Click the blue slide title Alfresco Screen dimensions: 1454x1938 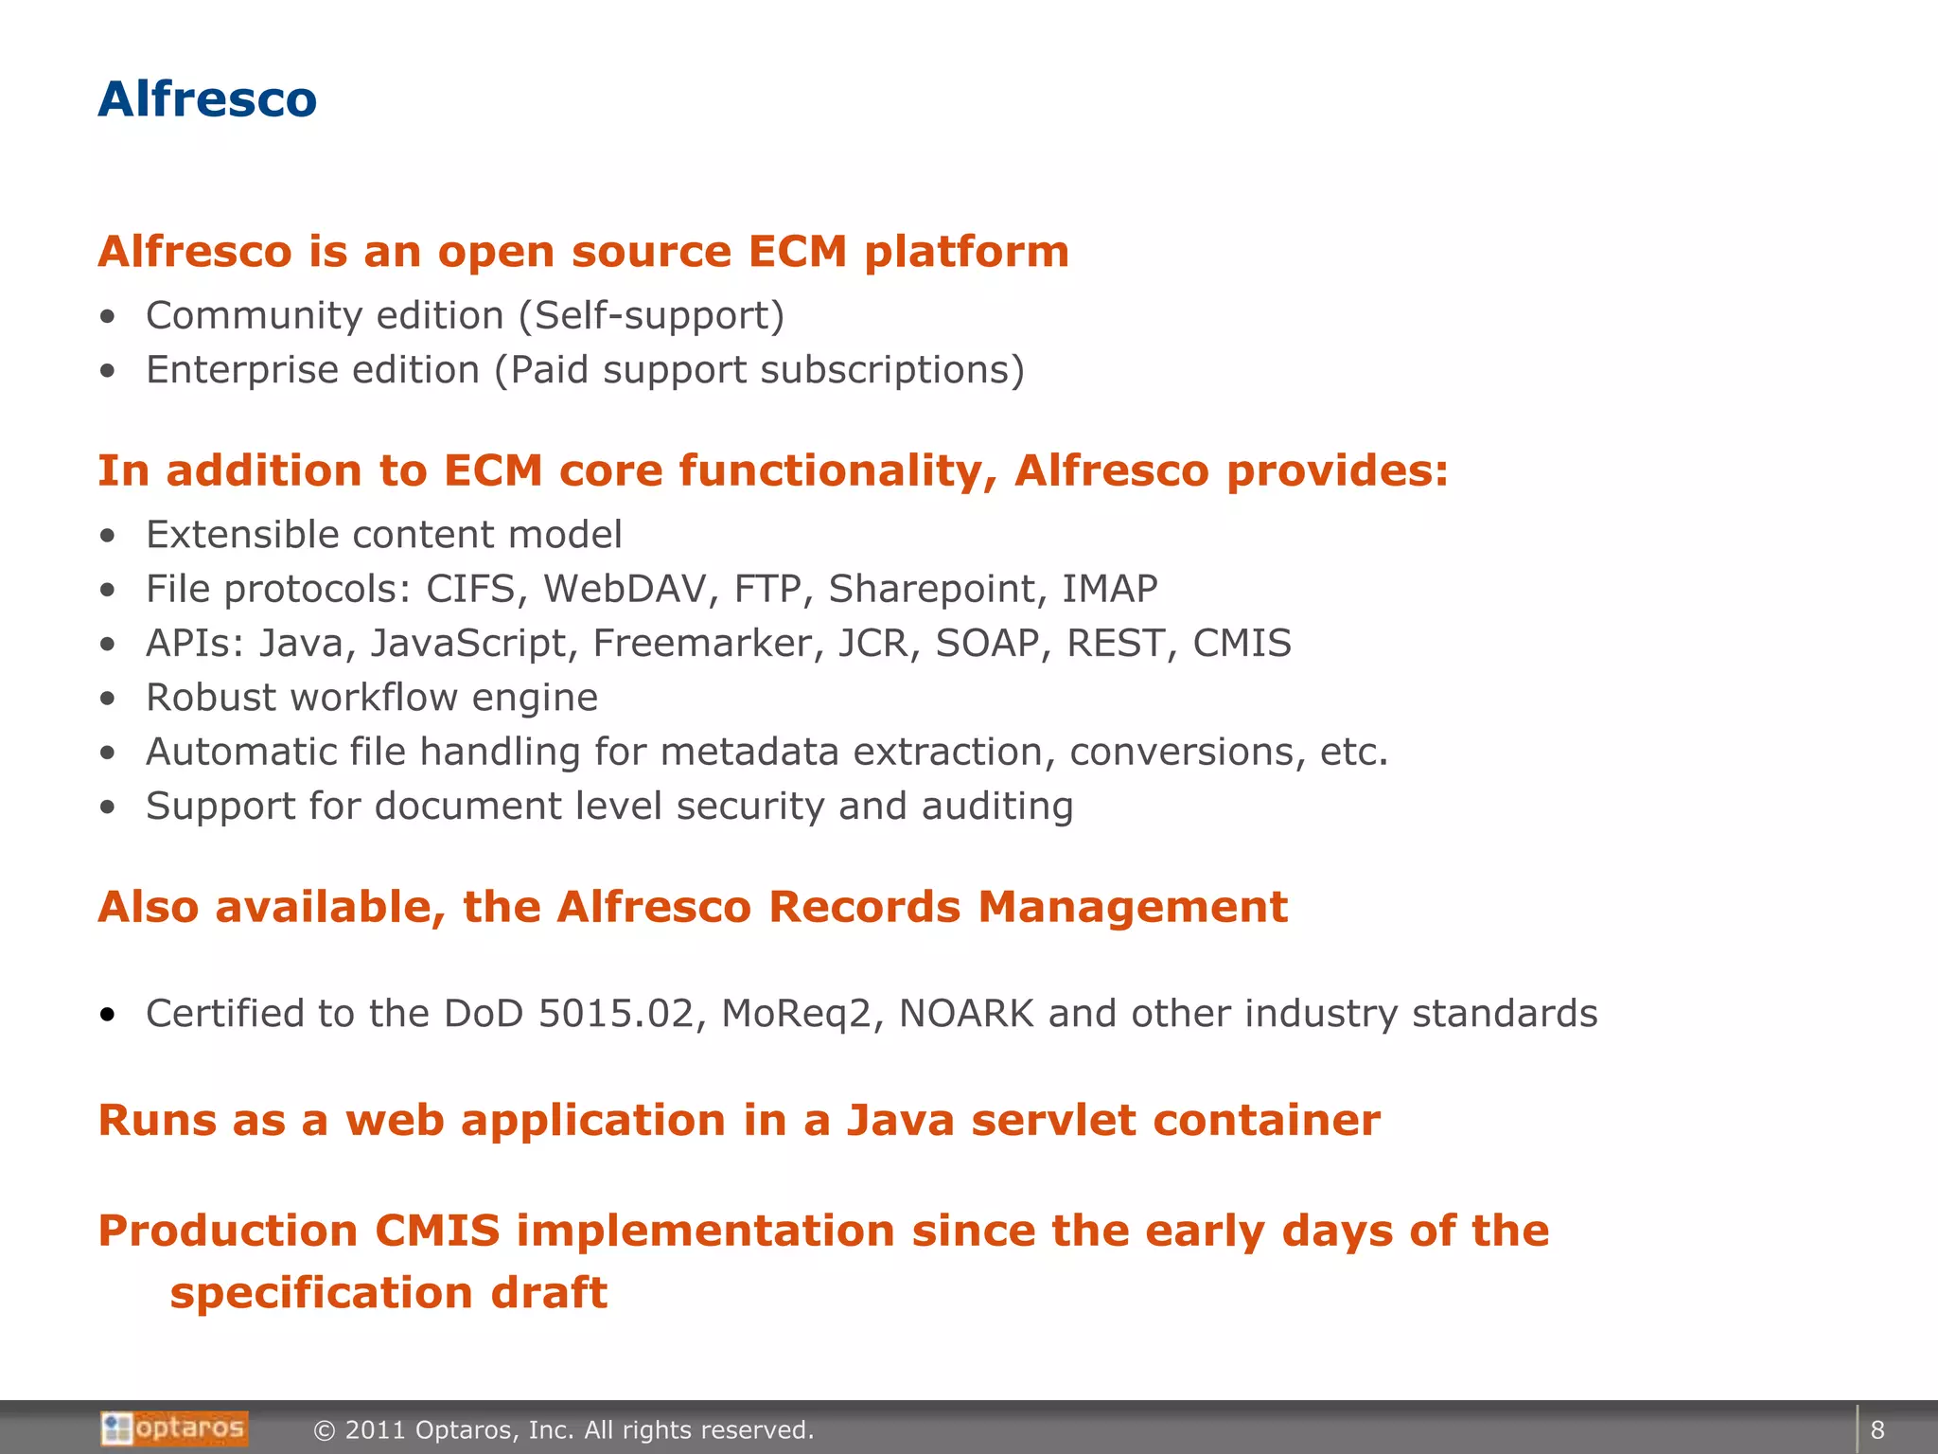coord(207,99)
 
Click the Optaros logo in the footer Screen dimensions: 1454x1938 coord(175,1428)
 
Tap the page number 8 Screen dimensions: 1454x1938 coord(1877,1429)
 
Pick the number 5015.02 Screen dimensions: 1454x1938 coord(616,1014)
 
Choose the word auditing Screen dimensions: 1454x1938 coord(997,806)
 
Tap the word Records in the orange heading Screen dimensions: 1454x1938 coord(864,907)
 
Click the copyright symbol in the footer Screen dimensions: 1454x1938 coord(325,1430)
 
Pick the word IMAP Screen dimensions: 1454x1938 coord(1109,589)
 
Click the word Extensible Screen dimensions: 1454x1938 coord(241,535)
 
